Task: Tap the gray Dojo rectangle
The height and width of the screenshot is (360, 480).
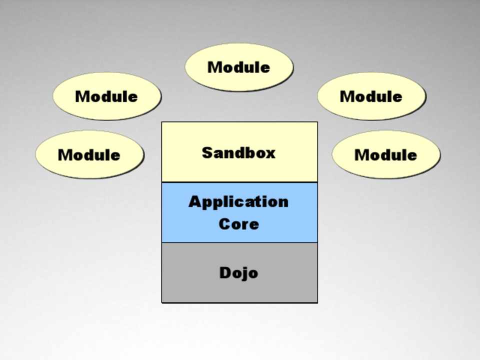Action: click(239, 290)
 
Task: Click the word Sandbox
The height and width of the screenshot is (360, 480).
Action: click(238, 152)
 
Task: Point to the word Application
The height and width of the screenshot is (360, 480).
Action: click(238, 202)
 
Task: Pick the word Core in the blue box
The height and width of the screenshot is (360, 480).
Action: click(238, 223)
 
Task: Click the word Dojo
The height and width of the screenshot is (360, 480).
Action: click(238, 272)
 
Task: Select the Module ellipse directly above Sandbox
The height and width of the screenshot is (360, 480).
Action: click(239, 67)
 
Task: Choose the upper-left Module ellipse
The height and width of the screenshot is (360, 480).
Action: click(106, 96)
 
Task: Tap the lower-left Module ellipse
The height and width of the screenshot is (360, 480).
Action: click(89, 154)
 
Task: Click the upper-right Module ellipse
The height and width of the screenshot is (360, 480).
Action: click(371, 96)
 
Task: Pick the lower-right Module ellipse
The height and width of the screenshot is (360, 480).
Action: click(385, 154)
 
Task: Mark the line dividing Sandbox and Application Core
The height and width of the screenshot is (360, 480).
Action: click(239, 182)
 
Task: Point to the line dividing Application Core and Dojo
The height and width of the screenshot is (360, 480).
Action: click(239, 242)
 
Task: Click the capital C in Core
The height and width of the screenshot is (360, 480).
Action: click(224, 223)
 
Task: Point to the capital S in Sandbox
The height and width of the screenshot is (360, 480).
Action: click(207, 152)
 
